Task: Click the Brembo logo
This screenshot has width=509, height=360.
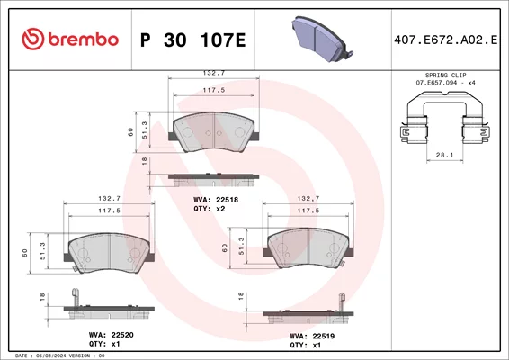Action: coord(70,40)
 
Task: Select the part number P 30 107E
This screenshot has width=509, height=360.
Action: coord(193,40)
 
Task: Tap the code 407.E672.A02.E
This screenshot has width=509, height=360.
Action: coord(446,40)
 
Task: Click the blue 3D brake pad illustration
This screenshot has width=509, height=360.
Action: coord(322,39)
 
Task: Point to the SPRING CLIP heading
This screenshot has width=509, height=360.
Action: coord(445,76)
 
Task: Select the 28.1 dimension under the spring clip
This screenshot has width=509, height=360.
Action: coord(444,155)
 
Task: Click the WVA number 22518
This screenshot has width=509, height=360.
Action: coord(227,200)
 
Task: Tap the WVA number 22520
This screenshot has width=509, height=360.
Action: coord(122,335)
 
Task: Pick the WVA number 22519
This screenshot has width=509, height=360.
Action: coord(324,337)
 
